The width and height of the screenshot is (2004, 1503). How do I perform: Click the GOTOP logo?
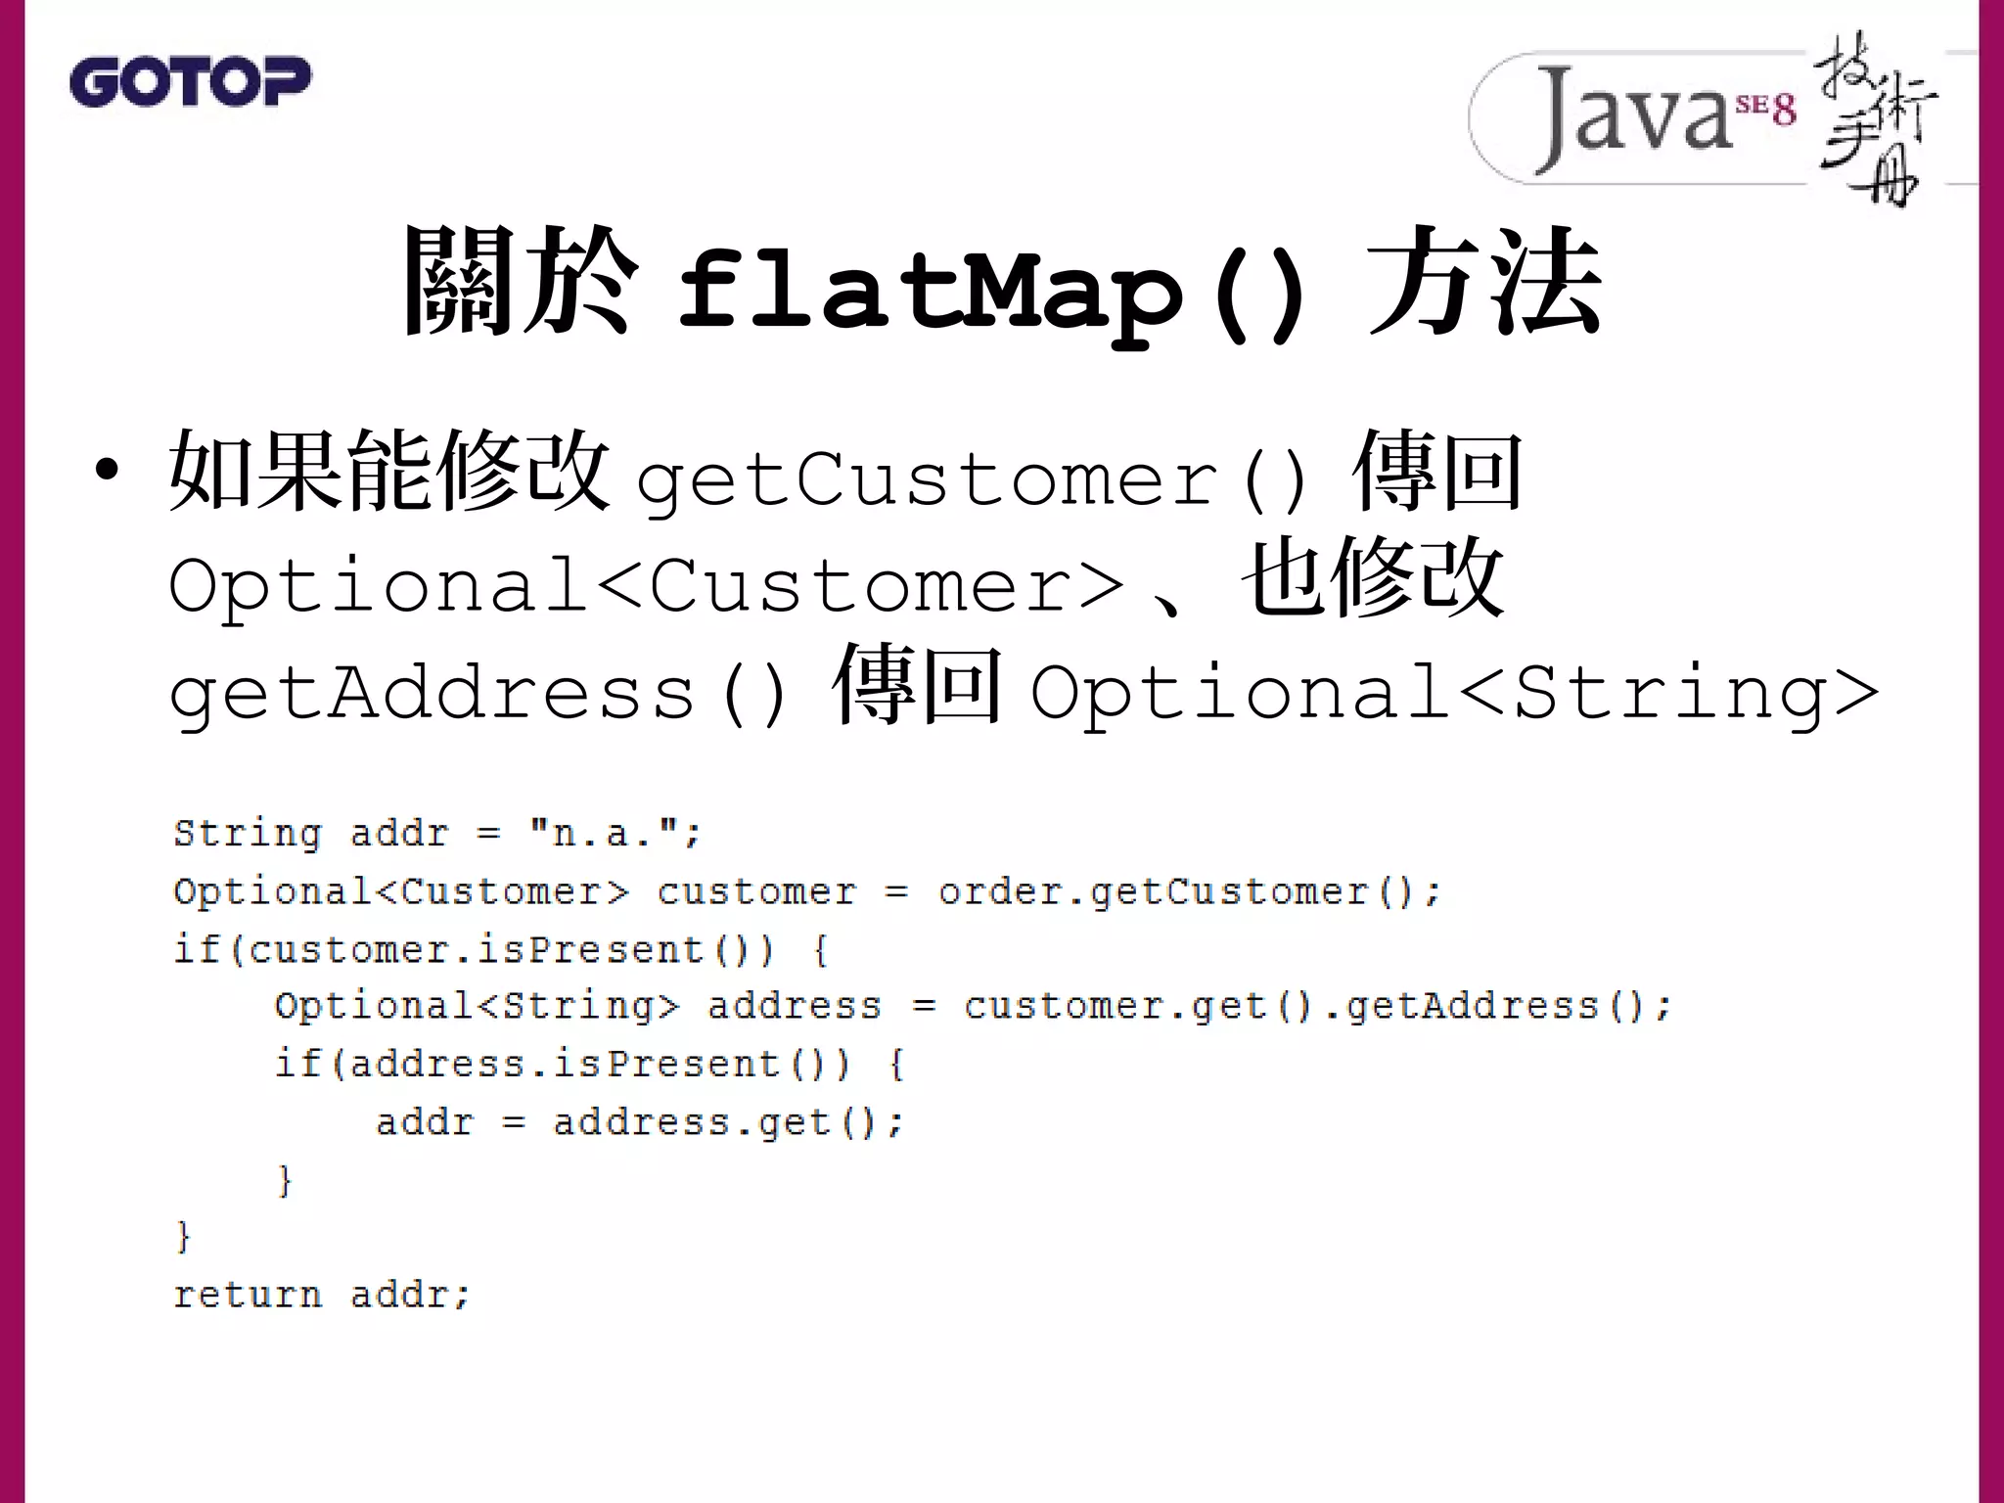190,81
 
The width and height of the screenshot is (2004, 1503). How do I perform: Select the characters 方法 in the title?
1484,284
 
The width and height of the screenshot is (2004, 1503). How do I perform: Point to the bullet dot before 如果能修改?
107,471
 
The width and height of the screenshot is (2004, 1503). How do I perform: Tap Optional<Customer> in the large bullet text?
646,586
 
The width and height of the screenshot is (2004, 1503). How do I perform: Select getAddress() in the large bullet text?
478,694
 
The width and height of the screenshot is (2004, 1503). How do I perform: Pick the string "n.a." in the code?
603,834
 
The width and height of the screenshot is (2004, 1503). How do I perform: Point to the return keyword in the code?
247,1295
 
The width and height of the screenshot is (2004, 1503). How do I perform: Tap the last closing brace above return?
183,1237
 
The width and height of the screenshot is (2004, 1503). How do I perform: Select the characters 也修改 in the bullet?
1374,580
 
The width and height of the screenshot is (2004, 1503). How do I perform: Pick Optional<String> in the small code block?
476,1006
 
